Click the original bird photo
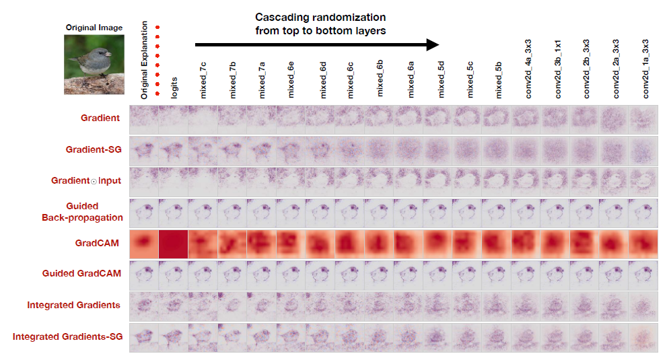coord(94,64)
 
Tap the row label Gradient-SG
coord(95,149)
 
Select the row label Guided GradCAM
coord(81,273)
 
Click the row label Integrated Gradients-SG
coord(68,336)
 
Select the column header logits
coord(174,87)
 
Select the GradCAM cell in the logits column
coord(174,243)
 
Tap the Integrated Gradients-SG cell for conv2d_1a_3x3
coord(643,336)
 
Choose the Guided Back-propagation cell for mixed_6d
coord(321,211)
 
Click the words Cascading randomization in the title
coord(320,17)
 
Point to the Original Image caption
coord(94,28)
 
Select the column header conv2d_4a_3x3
coord(529,69)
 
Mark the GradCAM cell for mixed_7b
coord(232,243)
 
